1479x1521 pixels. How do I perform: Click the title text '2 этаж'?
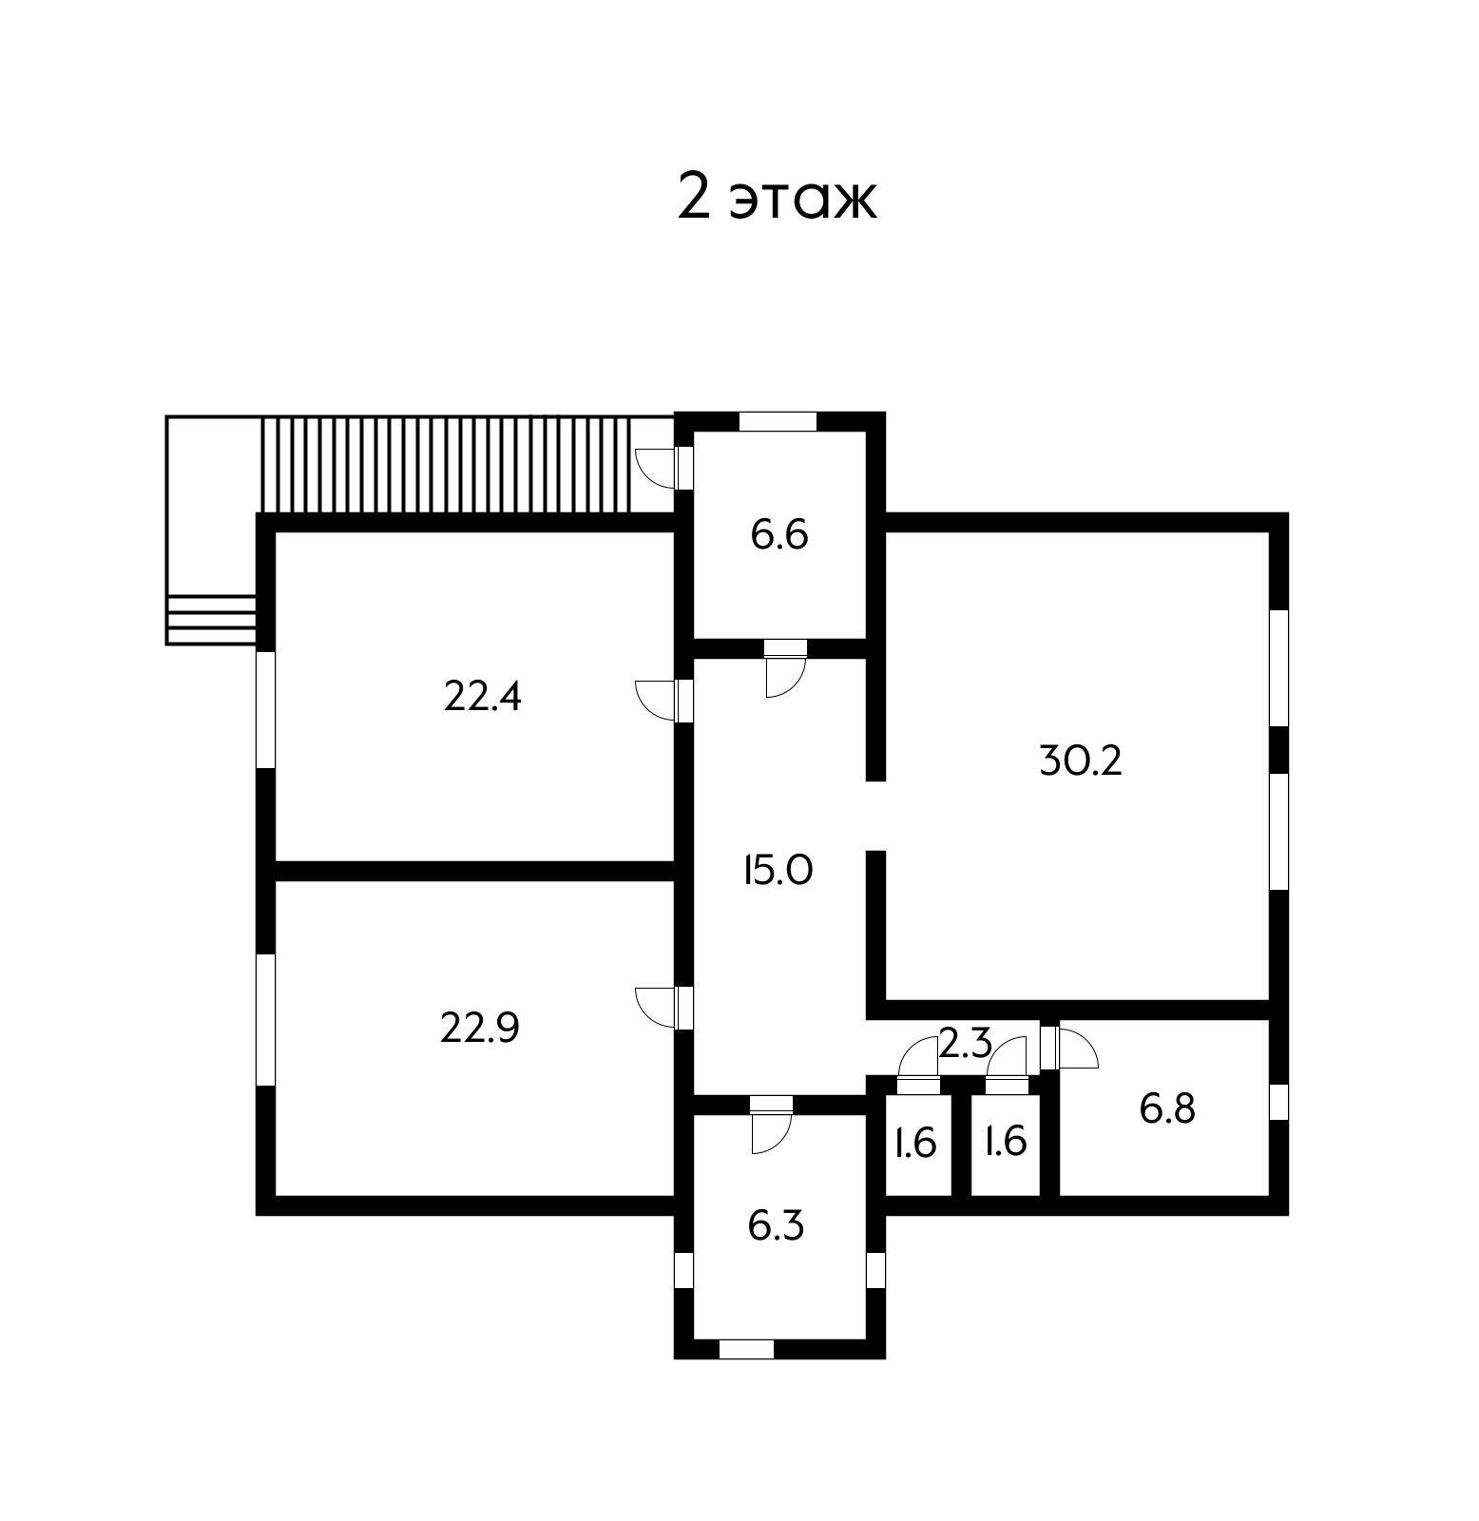point(776,198)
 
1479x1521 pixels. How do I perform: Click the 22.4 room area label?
point(483,699)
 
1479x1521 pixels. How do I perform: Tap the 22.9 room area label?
point(479,1028)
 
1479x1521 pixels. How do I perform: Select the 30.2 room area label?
point(1081,760)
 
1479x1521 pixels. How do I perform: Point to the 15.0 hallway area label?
point(778,871)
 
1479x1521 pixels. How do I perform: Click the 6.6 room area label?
point(779,535)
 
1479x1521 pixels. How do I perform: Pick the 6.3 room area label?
point(776,1225)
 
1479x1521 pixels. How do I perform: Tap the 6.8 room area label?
point(1167,1109)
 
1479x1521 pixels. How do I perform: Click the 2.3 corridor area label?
point(966,1045)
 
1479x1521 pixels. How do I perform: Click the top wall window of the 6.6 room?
point(778,421)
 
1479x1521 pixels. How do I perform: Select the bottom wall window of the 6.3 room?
point(746,1348)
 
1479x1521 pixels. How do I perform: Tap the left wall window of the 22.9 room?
point(266,1019)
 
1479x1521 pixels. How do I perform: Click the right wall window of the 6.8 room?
point(1278,1101)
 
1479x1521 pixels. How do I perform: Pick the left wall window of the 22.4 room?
point(266,709)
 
